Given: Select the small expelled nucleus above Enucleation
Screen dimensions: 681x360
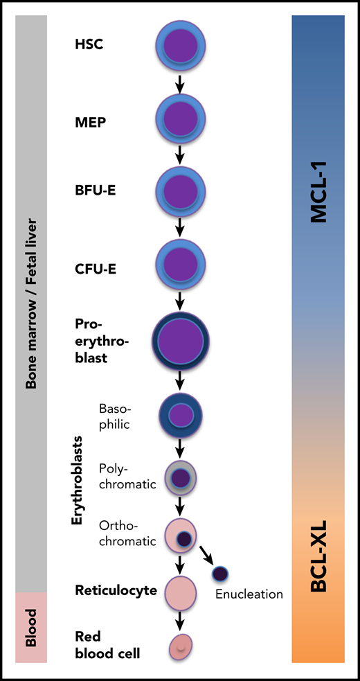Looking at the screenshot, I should coord(220,574).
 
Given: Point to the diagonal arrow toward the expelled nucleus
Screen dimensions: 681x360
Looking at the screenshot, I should coord(207,555).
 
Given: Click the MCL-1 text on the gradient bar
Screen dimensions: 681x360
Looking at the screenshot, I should coord(319,197).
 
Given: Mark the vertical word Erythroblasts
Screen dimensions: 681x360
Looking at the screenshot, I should coord(78,479).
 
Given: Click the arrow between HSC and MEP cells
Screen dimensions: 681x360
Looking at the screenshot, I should coord(180,82).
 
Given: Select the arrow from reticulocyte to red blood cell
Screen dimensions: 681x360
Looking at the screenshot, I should coord(180,619).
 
